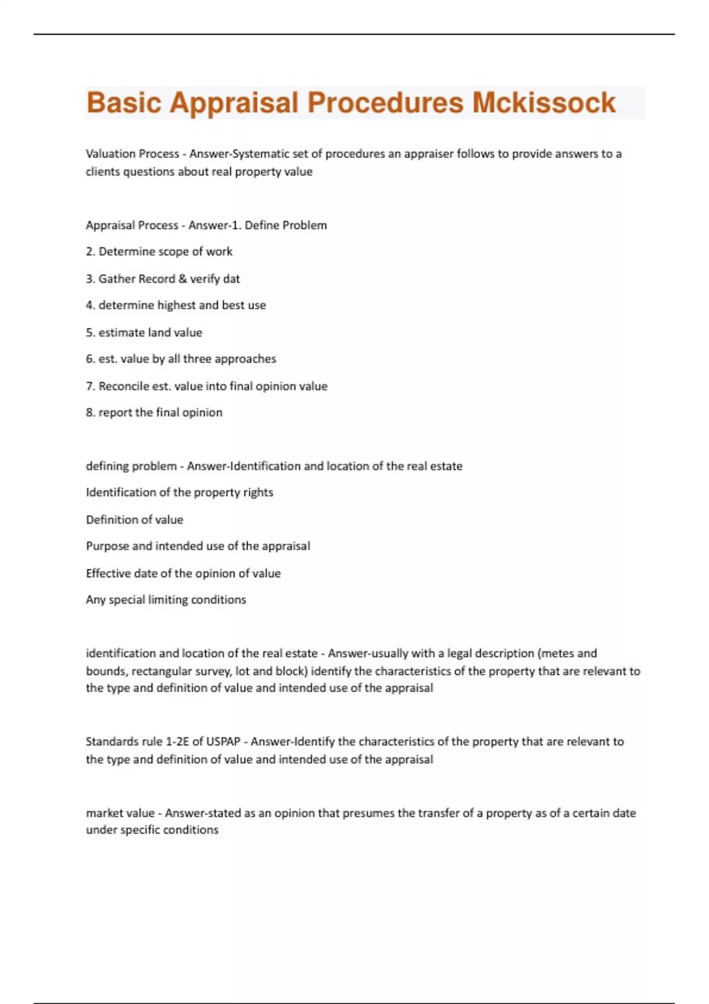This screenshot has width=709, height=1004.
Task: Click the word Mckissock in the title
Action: point(544,103)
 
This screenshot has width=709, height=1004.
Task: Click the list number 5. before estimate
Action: point(90,333)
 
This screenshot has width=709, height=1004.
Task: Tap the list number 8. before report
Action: point(90,413)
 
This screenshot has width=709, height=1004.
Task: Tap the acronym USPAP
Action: point(223,742)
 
